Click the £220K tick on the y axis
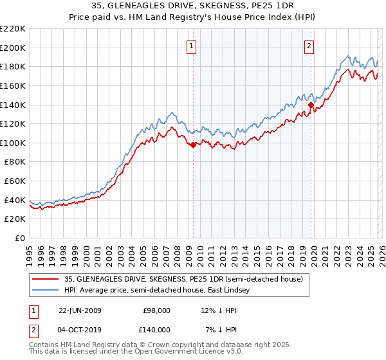click(14, 29)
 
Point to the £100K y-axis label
click(14, 143)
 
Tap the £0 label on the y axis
click(20, 238)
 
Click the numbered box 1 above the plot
click(192, 45)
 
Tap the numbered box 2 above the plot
click(309, 45)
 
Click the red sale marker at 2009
click(193, 145)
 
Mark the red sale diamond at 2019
click(310, 105)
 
